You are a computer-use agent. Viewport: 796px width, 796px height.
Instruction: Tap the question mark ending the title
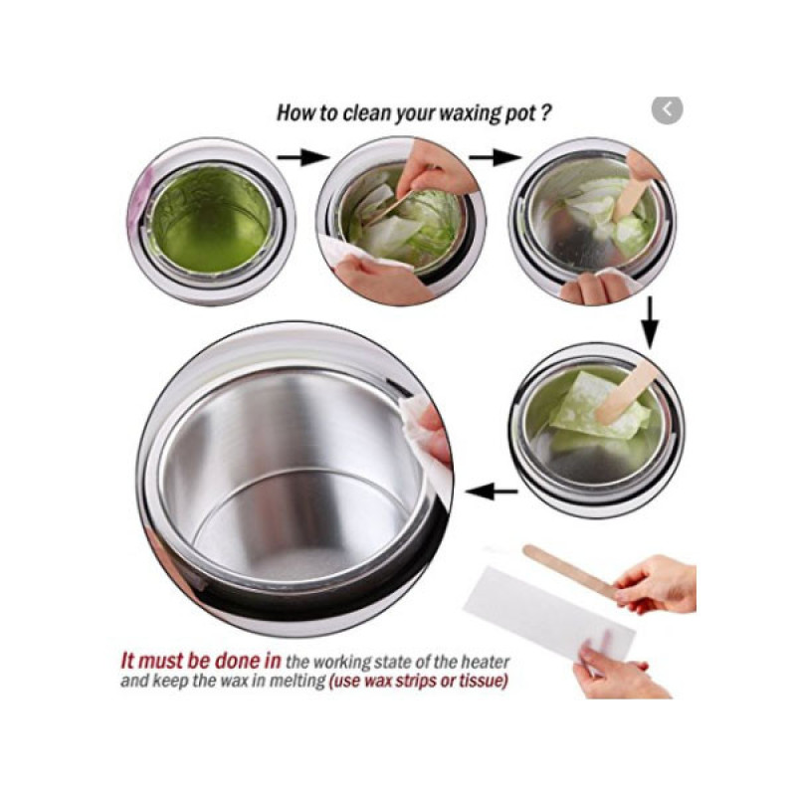coord(544,112)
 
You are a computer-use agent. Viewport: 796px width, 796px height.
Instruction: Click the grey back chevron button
coord(667,109)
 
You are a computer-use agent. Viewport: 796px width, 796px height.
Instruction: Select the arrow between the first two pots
coord(303,157)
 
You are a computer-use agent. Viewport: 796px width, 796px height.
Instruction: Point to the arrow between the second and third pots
coord(495,157)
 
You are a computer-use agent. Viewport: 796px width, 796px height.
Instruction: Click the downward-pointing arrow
coord(651,322)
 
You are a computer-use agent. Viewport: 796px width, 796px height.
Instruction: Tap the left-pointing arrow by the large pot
coord(491,491)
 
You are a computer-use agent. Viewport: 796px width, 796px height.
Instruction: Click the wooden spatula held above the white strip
coord(569,570)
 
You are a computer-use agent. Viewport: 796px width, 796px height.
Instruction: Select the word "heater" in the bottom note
coord(485,662)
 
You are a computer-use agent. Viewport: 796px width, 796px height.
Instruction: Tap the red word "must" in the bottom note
coord(161,661)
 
